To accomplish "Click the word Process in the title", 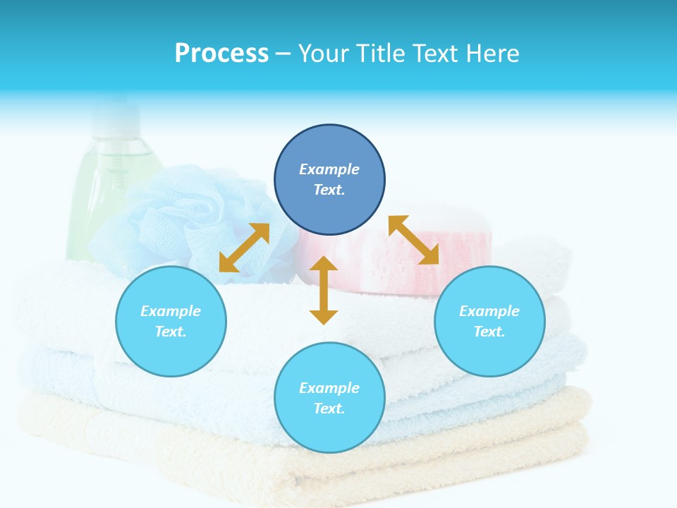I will pyautogui.click(x=221, y=54).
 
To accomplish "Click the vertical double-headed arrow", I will pyautogui.click(x=324, y=290).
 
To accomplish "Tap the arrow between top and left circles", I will pyautogui.click(x=244, y=248).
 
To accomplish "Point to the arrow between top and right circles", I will pyautogui.click(x=414, y=240).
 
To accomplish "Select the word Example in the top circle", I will pyautogui.click(x=329, y=169).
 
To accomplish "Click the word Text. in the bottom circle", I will pyautogui.click(x=329, y=409).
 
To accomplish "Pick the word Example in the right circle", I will pyautogui.click(x=489, y=311).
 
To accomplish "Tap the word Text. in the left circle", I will pyautogui.click(x=171, y=332).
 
